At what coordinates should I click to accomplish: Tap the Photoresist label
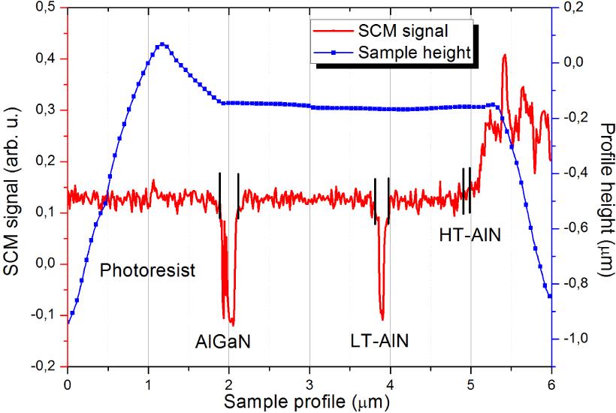[x=147, y=270]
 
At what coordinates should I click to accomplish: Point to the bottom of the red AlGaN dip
[x=231, y=324]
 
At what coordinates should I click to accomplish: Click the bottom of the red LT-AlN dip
[x=382, y=318]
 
